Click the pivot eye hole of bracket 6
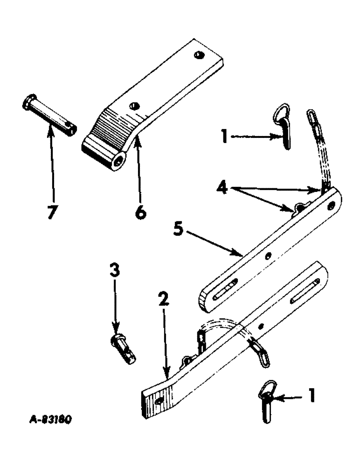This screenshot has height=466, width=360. pos(120,162)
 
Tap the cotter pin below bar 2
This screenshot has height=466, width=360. pos(266,404)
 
